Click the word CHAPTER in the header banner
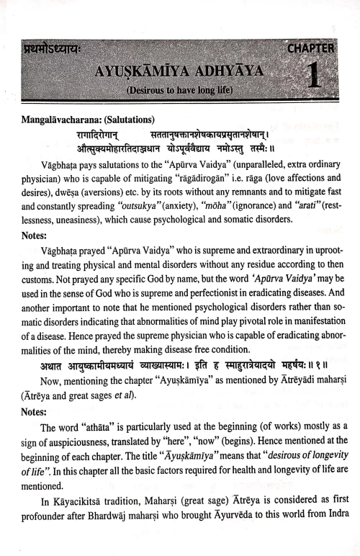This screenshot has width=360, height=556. pos(310,49)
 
